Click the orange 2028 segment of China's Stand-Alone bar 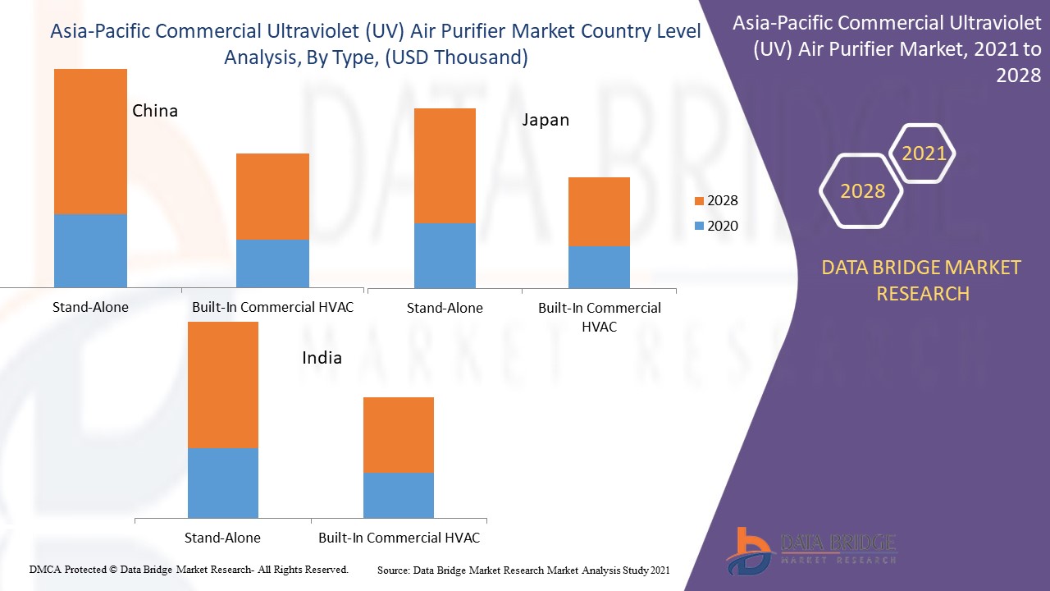point(90,141)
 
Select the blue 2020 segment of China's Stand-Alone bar point(90,250)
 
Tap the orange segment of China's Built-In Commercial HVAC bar point(272,196)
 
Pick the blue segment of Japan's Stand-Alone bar point(445,255)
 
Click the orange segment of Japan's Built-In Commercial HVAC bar point(599,211)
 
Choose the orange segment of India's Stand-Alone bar point(222,384)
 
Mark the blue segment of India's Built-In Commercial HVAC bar point(398,495)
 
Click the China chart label point(155,111)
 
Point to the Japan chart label point(546,120)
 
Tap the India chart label point(322,358)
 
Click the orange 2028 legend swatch point(698,201)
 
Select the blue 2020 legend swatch point(698,227)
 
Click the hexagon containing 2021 point(923,153)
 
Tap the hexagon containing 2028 point(861,191)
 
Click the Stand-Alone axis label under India point(222,538)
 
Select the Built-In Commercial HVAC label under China point(272,308)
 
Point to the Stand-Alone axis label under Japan point(445,308)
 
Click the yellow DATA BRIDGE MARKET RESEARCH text point(922,280)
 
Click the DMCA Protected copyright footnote point(189,569)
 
